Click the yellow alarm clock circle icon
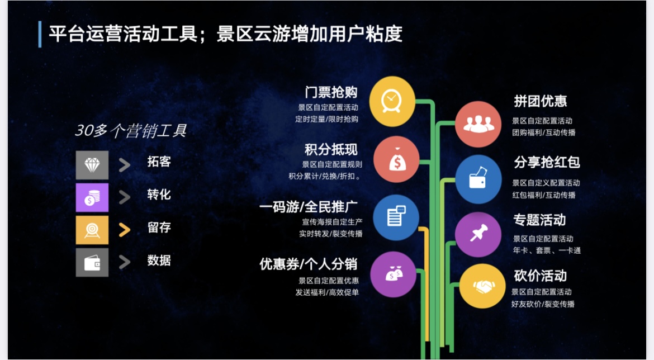(x=392, y=101)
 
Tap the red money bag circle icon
(x=396, y=160)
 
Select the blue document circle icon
(x=395, y=217)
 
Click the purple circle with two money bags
(x=394, y=274)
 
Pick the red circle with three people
(x=478, y=124)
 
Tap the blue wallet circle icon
(x=478, y=179)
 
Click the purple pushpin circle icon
(x=478, y=234)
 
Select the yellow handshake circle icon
(x=482, y=286)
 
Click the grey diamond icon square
(x=92, y=165)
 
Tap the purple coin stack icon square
(x=92, y=197)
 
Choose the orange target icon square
(x=92, y=230)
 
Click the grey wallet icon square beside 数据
(x=92, y=262)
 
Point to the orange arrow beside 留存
(x=124, y=229)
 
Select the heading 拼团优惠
(x=541, y=101)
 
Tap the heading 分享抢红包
(x=547, y=162)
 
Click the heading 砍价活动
(x=541, y=276)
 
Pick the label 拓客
(x=159, y=162)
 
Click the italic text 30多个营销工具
(x=131, y=131)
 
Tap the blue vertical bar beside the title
(x=40, y=34)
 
